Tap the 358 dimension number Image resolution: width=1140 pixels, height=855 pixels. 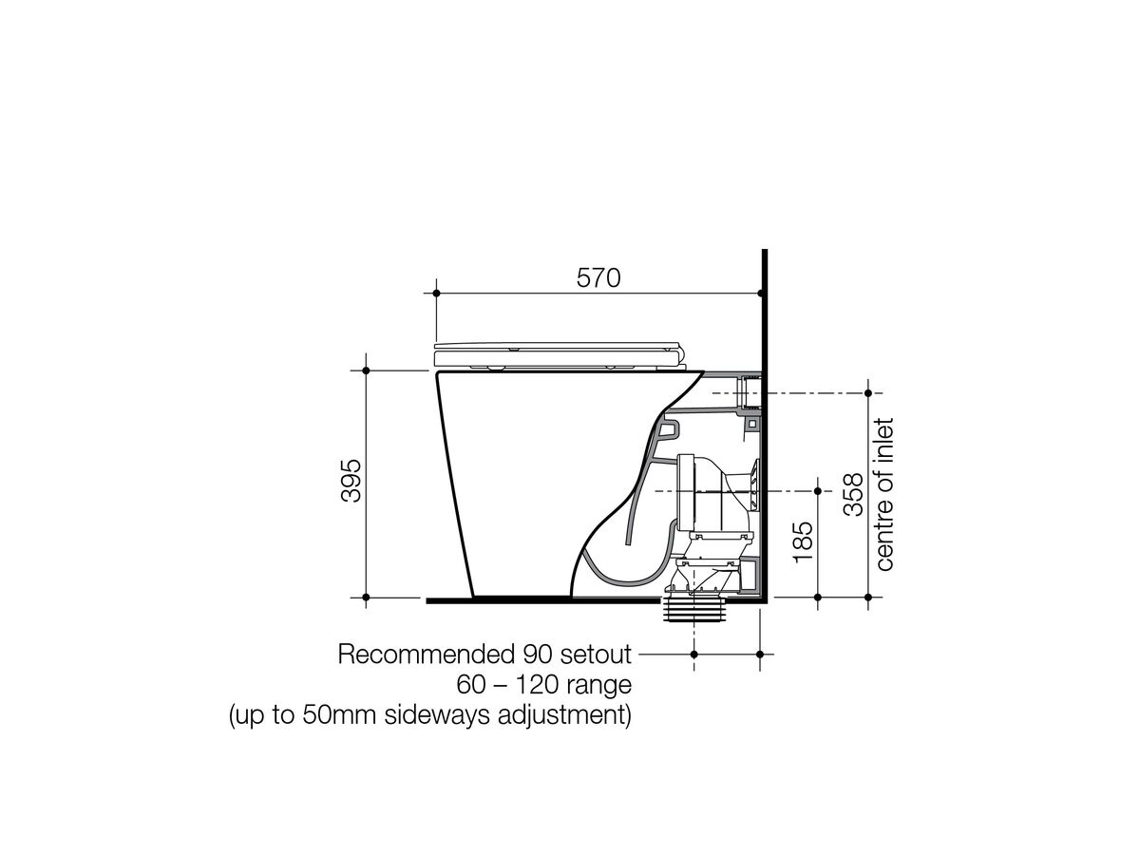click(x=853, y=495)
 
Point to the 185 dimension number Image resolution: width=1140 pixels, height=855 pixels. click(x=803, y=541)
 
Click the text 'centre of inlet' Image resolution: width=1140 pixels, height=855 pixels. click(x=885, y=495)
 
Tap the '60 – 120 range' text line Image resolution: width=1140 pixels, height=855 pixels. click(x=544, y=684)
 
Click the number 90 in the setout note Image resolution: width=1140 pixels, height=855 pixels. click(x=533, y=655)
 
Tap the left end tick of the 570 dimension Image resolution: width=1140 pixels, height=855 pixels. click(x=436, y=294)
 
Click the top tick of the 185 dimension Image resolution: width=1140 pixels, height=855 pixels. click(x=817, y=491)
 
